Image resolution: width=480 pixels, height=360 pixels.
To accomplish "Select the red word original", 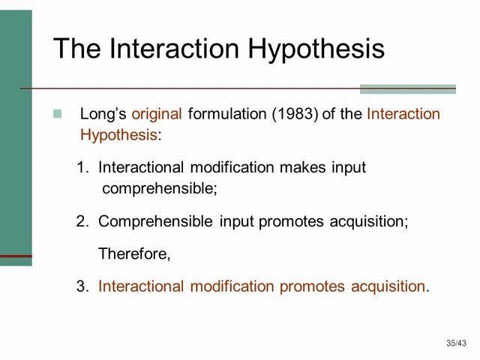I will pos(157,115).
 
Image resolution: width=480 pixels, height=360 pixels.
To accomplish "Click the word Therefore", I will pos(134,254).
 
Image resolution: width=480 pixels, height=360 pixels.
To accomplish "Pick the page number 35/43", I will pos(456,343).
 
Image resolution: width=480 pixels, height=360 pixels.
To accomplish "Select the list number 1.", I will pos(82,167).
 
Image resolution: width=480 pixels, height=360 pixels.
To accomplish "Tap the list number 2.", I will pos(82,222).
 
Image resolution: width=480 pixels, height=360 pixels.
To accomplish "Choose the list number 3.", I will pos(82,286).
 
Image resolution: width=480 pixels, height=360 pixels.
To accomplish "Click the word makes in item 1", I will pos(303,167).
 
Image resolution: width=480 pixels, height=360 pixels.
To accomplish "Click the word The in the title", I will pos(78,49).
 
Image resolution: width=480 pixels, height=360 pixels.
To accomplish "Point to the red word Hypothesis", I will pos(118,136).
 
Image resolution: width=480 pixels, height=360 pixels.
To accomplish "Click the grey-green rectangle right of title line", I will pos(407,88).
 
